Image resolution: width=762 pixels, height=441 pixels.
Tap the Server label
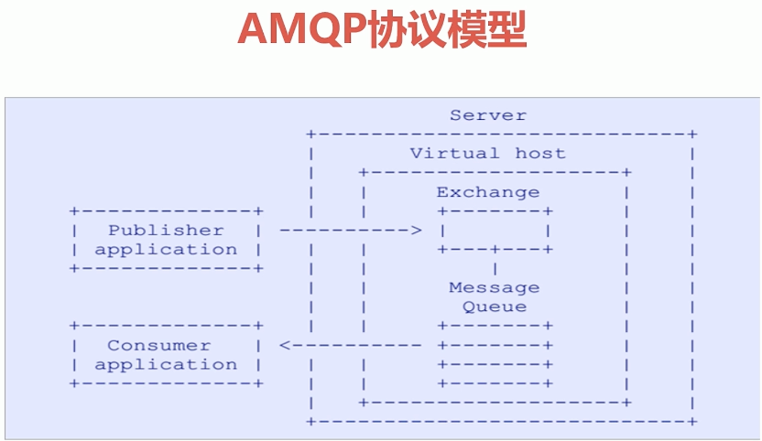pos(488,115)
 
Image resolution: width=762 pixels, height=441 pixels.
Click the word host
pos(540,153)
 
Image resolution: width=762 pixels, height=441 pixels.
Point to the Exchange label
pos(488,192)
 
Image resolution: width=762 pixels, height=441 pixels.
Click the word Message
pos(495,287)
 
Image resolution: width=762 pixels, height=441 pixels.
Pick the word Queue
pos(495,307)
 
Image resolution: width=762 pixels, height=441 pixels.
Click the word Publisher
pos(166,230)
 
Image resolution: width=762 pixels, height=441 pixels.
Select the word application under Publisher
pos(166,249)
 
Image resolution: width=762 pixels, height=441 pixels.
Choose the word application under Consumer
pos(166,364)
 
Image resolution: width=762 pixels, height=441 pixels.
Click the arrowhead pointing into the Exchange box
pos(417,230)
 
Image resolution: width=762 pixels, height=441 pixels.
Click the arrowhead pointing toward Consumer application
pos(285,345)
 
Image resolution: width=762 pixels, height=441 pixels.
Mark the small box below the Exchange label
pos(495,230)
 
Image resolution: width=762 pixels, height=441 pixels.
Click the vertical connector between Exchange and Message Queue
pos(495,268)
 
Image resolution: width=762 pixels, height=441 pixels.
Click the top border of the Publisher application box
pos(166,210)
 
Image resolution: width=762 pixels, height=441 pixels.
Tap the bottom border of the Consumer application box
pos(166,383)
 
